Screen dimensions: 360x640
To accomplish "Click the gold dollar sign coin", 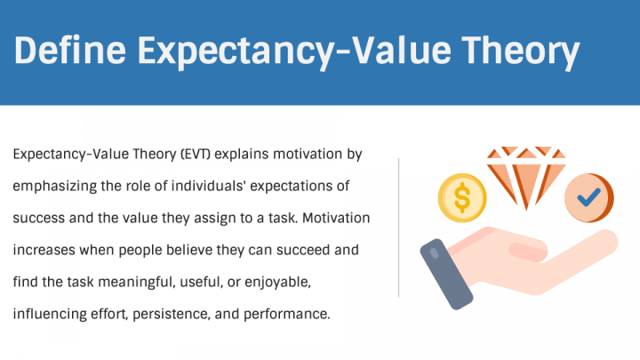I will (x=462, y=195).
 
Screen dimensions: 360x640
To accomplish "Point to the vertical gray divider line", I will (x=399, y=227).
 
